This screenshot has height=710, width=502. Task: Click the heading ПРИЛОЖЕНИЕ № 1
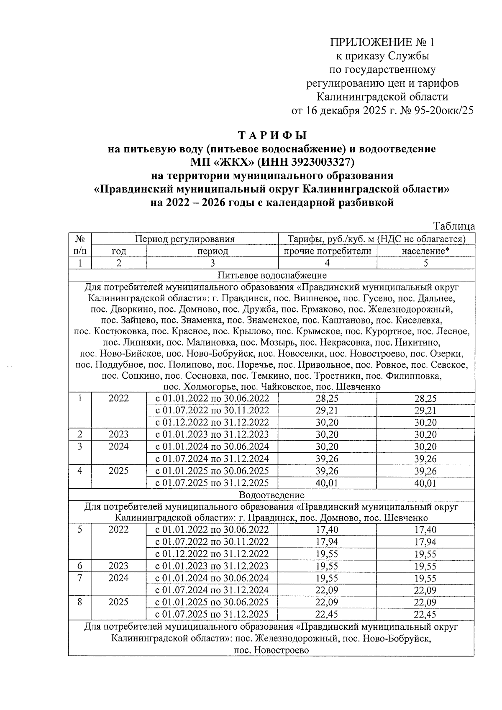382,43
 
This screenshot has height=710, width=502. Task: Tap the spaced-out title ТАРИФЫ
272,136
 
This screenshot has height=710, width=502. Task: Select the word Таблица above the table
454,227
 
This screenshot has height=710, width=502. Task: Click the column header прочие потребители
328,251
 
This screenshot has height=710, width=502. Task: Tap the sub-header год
119,251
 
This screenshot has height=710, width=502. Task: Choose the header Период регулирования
184,239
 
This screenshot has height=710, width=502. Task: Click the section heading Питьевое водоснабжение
272,275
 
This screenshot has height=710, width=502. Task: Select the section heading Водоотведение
271,495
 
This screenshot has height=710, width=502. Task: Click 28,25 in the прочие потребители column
327,398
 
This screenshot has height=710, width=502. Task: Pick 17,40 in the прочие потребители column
327,530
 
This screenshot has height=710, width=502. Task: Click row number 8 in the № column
79,602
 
